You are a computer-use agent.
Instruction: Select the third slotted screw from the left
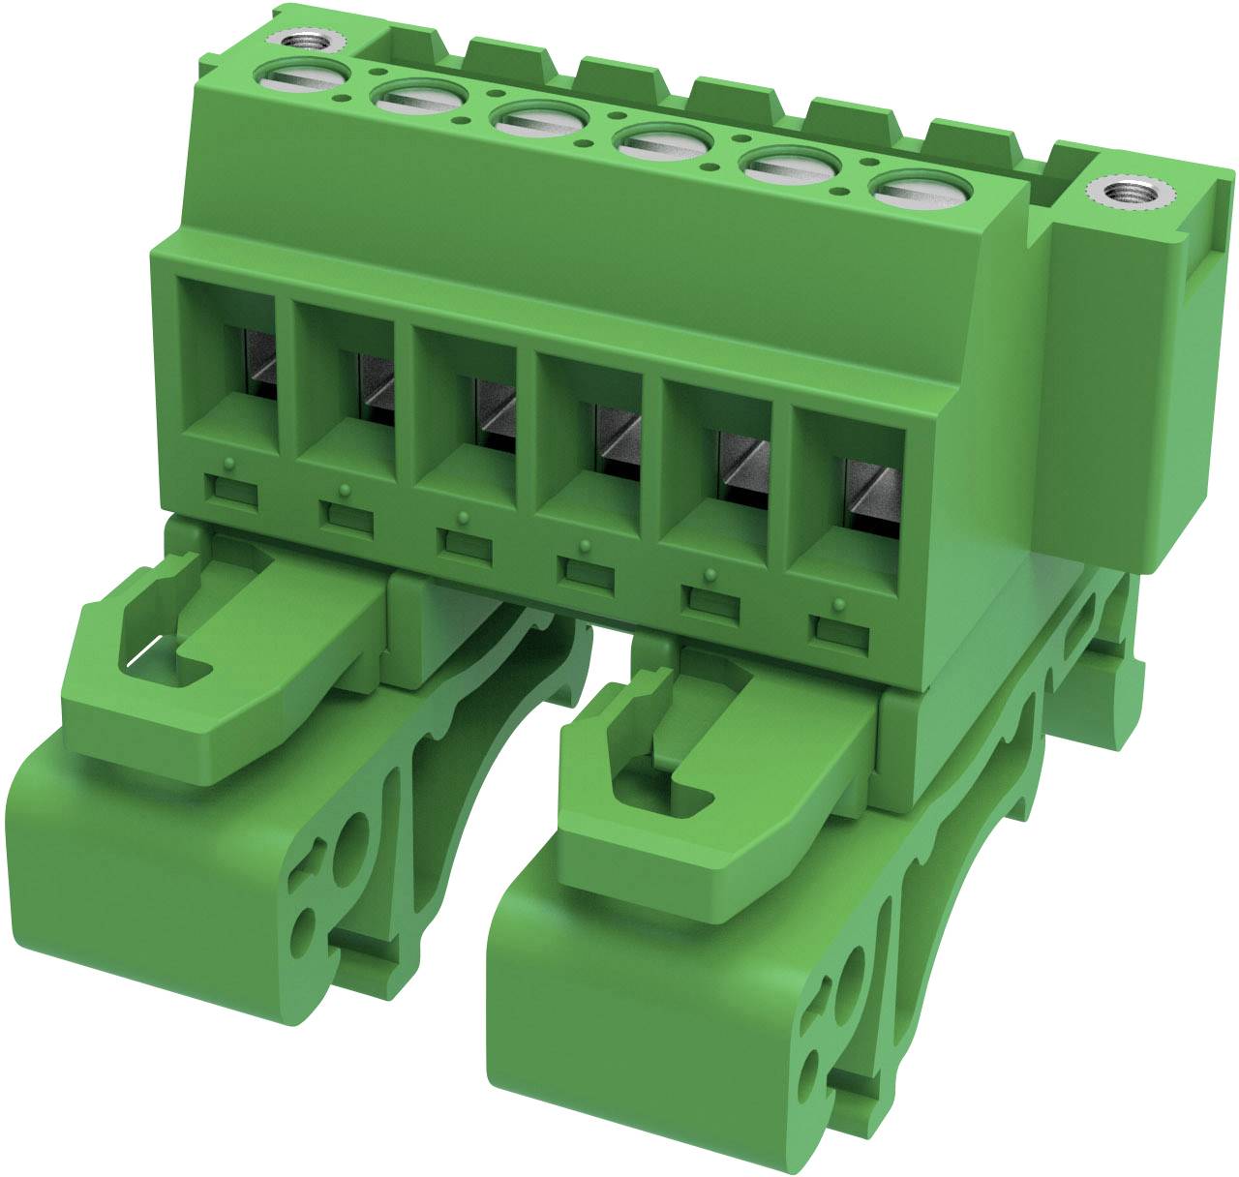tap(538, 121)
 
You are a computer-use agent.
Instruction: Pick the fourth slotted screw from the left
tap(662, 143)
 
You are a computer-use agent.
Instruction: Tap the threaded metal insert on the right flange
tap(1130, 195)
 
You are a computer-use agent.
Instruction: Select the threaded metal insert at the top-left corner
tap(302, 42)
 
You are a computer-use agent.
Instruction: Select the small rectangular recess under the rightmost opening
tap(837, 632)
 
